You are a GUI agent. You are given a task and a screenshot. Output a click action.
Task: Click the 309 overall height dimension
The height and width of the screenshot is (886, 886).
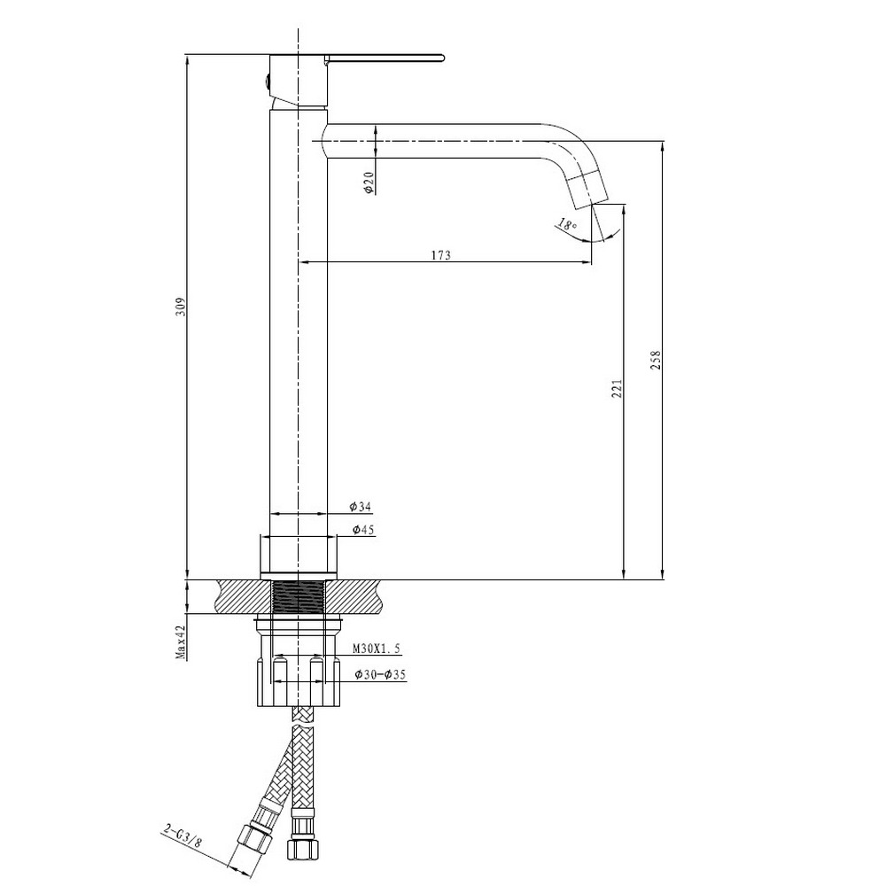click(x=180, y=307)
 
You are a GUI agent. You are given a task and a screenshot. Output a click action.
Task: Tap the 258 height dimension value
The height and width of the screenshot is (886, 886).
click(x=656, y=361)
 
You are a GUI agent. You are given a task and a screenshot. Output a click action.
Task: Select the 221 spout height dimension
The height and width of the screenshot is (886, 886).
click(x=617, y=389)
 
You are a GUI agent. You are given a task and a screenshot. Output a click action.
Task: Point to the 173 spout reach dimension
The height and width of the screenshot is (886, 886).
click(x=441, y=255)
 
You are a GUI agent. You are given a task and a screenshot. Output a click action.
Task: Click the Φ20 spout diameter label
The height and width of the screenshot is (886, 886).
click(x=369, y=183)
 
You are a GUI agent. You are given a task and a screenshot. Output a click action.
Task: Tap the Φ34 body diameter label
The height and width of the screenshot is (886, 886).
click(x=360, y=507)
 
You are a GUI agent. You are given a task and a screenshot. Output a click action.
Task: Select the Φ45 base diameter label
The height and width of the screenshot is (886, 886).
click(x=362, y=530)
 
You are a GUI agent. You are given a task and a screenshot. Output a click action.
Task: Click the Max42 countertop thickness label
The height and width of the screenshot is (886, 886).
click(x=181, y=642)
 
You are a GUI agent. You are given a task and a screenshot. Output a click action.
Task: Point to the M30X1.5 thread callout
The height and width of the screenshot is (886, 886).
click(x=377, y=649)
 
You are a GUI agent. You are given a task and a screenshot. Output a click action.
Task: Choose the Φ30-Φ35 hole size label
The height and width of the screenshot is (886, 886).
click(x=380, y=674)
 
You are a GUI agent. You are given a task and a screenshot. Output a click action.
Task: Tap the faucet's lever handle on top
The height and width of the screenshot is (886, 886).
click(x=385, y=58)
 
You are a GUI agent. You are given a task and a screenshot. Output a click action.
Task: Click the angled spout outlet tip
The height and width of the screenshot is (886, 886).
click(x=587, y=189)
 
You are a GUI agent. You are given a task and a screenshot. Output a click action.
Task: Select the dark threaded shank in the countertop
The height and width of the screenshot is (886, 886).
click(x=299, y=596)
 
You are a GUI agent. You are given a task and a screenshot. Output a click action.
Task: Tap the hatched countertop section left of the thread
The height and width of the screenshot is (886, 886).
click(x=245, y=596)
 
